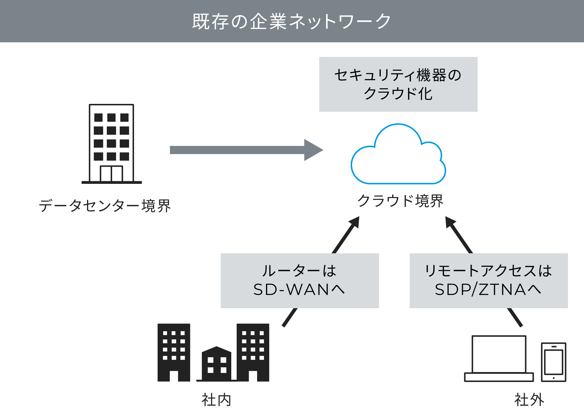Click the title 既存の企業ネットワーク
291,21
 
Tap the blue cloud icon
398,158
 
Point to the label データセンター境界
105,206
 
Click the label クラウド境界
400,201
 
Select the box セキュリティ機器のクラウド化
398,84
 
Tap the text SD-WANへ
299,289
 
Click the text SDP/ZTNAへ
488,289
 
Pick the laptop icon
499,358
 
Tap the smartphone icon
554,362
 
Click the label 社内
216,399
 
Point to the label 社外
529,399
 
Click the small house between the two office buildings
216,364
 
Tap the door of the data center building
111,174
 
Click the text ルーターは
299,271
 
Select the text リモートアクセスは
488,271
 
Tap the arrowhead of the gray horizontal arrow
312,150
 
